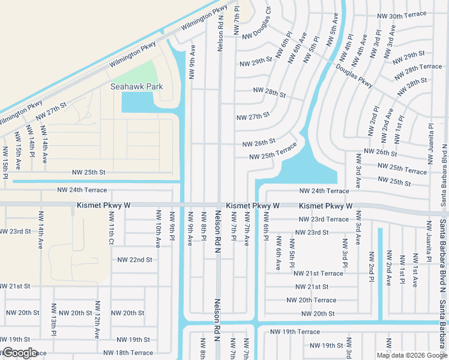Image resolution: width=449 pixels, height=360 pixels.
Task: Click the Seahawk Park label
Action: [136, 86]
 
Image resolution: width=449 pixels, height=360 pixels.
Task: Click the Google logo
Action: [19, 353]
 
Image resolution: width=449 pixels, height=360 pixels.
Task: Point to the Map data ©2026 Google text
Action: [411, 355]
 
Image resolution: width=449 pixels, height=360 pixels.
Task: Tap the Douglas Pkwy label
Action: [355, 76]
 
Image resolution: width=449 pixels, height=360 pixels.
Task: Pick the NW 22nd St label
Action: [135, 260]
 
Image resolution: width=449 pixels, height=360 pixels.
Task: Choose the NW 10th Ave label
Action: [158, 229]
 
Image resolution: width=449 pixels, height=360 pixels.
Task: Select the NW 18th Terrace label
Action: [128, 353]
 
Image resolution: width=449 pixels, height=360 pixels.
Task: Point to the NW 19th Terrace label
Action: [295, 331]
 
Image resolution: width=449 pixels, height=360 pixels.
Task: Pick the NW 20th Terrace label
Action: [311, 300]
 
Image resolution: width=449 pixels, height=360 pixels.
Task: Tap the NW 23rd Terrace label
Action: [324, 219]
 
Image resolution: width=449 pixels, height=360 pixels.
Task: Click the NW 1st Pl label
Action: [400, 125]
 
